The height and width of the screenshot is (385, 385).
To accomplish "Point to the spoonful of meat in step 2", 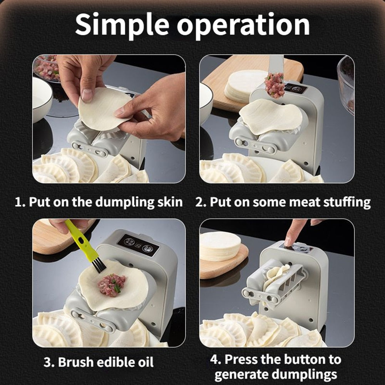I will [x=274, y=85].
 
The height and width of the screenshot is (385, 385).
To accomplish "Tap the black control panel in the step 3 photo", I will [x=138, y=245].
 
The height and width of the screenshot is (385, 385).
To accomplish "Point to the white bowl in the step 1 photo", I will [x=41, y=98].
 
